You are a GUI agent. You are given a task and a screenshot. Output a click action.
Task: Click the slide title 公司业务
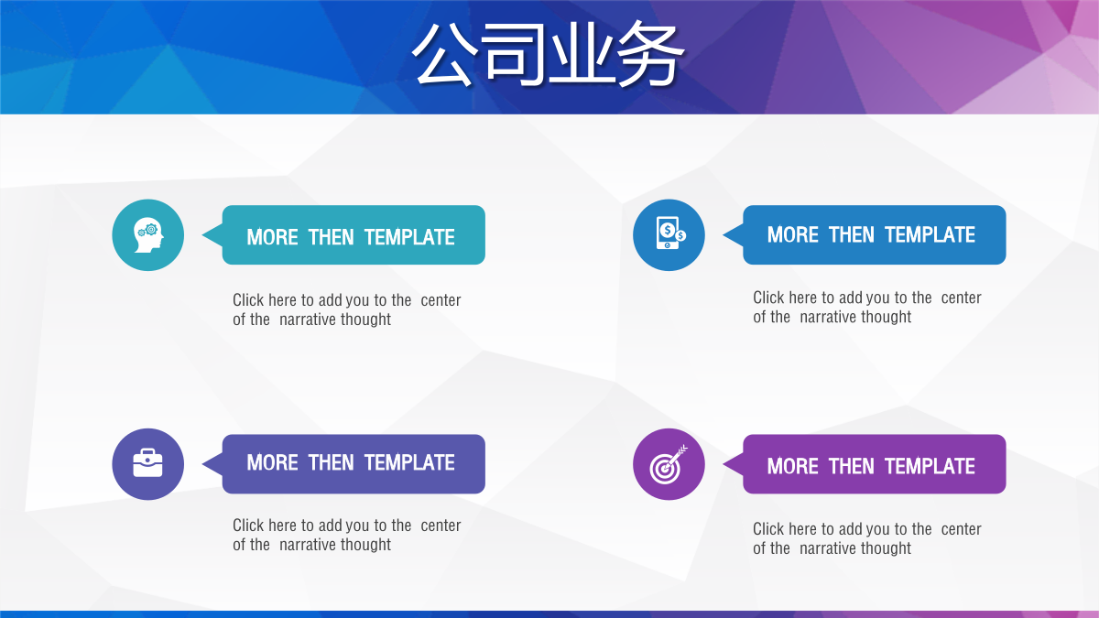coord(548,54)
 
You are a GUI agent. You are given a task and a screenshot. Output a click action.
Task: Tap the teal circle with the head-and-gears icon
coord(148,235)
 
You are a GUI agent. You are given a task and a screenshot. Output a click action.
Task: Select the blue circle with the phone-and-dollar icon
coord(669,235)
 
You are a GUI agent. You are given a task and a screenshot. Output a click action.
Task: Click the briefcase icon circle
coord(148,464)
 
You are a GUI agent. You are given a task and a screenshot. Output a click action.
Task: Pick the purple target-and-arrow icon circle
coord(669,464)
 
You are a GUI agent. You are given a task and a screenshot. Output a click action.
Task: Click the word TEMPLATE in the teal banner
coord(409,237)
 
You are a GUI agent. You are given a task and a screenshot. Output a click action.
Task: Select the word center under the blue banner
coord(961,298)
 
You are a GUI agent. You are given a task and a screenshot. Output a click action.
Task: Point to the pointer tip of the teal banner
coord(202,235)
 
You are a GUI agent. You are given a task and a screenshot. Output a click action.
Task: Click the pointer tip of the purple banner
coord(724,464)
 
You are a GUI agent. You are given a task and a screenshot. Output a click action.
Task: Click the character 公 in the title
coord(445,55)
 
